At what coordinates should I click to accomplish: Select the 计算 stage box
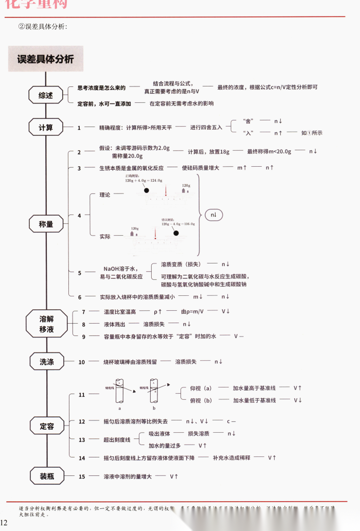(46, 127)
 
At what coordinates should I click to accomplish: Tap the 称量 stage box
(46, 224)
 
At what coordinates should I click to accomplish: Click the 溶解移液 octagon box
(46, 324)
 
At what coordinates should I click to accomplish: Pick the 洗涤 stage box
(46, 362)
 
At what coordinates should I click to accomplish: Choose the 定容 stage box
(46, 426)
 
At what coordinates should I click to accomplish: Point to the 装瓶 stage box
(46, 476)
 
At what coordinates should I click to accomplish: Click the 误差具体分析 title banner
(45, 59)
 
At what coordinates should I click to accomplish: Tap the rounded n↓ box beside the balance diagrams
(213, 214)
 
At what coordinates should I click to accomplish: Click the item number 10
(81, 362)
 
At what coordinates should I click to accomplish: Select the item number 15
(81, 476)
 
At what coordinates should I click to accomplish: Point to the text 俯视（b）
(201, 400)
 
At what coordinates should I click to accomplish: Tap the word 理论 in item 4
(105, 194)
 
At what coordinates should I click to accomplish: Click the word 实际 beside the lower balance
(105, 236)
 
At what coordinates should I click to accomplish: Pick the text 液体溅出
(114, 324)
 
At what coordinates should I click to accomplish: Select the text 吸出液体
(159, 434)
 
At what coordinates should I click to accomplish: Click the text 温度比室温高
(119, 312)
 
